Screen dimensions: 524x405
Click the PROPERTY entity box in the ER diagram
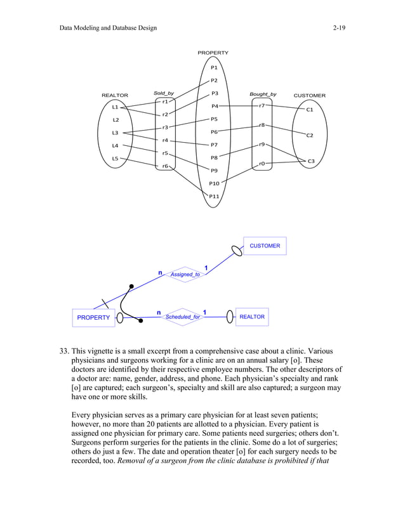tap(93, 317)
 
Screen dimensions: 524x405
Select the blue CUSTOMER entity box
tap(265, 246)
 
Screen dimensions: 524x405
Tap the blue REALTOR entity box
tap(252, 317)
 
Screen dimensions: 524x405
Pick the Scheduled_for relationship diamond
tap(182, 317)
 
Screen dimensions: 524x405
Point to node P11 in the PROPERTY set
tap(214, 196)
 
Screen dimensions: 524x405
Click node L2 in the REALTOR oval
tap(115, 120)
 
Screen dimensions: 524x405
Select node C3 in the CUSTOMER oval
tap(310, 162)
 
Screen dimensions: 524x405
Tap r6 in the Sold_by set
tap(164, 166)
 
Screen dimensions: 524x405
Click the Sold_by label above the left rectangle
tap(164, 94)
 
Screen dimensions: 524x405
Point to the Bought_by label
tap(263, 94)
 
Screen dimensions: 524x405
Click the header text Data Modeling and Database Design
tap(107, 29)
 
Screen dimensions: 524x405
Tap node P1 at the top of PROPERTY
tap(214, 67)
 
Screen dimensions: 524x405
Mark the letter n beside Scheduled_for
tap(158, 312)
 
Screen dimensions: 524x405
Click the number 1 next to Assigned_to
tap(206, 267)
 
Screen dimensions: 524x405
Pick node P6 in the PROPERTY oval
tap(214, 132)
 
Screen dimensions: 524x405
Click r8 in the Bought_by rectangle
tap(262, 126)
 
